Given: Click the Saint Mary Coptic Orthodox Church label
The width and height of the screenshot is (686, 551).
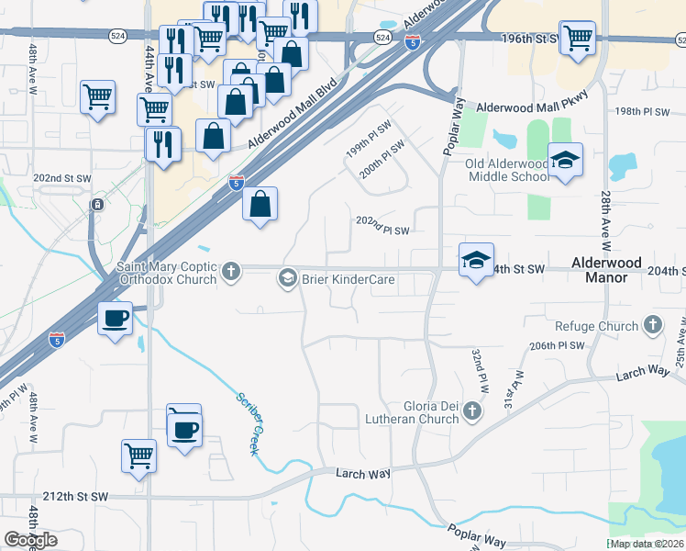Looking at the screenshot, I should pos(166,274).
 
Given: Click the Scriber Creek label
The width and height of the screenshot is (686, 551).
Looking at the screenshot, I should pos(249,423).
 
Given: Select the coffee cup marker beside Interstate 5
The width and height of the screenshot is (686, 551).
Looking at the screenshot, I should pos(115,319).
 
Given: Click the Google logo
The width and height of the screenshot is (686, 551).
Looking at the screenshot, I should pos(30,540).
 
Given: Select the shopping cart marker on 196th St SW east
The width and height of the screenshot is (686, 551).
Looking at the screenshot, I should pos(577,38).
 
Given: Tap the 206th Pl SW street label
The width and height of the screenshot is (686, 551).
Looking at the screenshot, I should pos(557,345).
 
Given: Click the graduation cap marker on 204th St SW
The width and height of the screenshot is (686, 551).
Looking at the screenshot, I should pos(476,261).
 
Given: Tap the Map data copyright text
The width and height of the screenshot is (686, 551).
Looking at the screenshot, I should pos(647,544).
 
